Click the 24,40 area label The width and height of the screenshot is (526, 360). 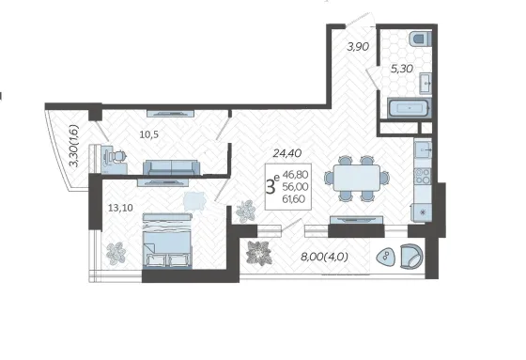pos(287,153)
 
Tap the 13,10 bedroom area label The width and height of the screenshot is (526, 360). pos(120,208)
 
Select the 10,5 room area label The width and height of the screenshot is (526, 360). pos(149,134)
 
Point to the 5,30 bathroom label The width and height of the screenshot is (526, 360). pos(402,69)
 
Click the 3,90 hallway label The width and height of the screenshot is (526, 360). pos(358,47)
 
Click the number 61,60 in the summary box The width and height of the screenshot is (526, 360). pos(293,199)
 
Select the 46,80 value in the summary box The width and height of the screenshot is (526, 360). pos(295,175)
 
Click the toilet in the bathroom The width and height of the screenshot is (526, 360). pos(421,39)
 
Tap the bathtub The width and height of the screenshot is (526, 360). pos(409,108)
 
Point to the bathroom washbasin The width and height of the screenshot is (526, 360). pos(425,83)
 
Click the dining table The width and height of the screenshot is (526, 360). pos(357,179)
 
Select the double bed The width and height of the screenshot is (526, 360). pos(167,241)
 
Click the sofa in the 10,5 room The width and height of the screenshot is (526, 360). pos(171,167)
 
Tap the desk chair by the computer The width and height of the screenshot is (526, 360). pos(118,156)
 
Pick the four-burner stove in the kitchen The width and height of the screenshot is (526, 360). pos(423,176)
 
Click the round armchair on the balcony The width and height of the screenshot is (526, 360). pos(411,256)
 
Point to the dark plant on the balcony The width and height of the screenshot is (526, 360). pos(258,253)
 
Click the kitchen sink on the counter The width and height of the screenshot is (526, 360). pos(423,149)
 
